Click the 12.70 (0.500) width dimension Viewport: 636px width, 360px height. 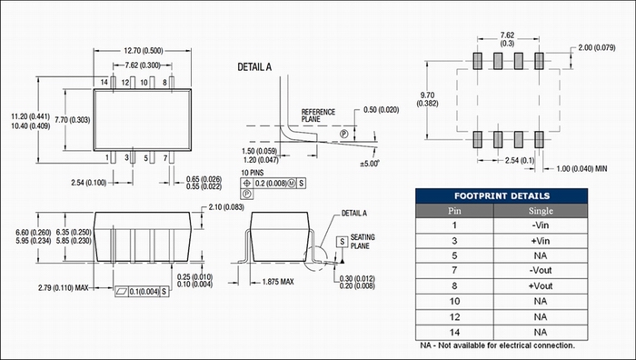pos(144,51)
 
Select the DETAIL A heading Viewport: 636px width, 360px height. pos(254,67)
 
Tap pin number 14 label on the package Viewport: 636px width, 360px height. pos(104,83)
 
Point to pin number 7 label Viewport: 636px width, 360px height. pos(165,158)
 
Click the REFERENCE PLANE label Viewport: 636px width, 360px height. pos(318,115)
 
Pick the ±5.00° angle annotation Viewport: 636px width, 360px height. pos(369,164)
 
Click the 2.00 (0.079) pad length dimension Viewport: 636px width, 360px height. pos(597,48)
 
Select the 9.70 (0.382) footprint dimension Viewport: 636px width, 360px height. pos(428,99)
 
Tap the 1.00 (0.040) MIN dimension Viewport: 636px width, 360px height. pos(581,168)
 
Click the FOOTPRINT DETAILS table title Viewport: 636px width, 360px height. pos(502,196)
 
